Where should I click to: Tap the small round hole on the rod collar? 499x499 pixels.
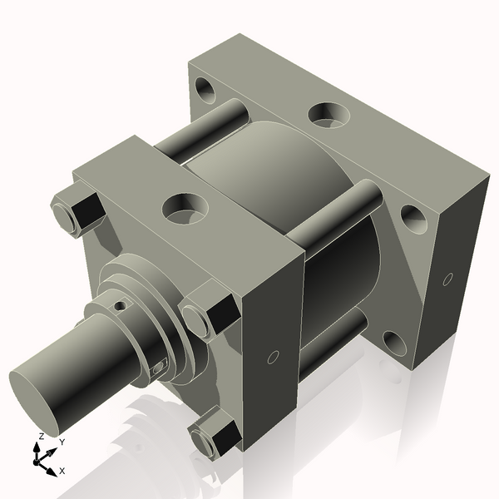click(121, 306)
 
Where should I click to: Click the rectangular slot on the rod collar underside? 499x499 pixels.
click(158, 367)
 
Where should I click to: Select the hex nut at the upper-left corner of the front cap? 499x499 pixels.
click(72, 210)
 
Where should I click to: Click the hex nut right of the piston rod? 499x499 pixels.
click(205, 315)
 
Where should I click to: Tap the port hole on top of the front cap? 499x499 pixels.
click(185, 206)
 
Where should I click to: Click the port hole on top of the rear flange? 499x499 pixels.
click(329, 115)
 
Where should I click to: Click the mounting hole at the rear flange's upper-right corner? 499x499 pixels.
click(413, 217)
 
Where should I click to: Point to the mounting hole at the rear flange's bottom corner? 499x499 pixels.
click(392, 343)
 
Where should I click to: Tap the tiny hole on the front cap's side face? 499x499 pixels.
click(273, 357)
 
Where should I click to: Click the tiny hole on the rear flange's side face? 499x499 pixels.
click(448, 279)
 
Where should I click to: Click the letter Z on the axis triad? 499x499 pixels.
click(41, 437)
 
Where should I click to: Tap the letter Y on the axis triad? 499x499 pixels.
click(62, 443)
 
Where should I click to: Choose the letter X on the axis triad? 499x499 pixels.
click(62, 472)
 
